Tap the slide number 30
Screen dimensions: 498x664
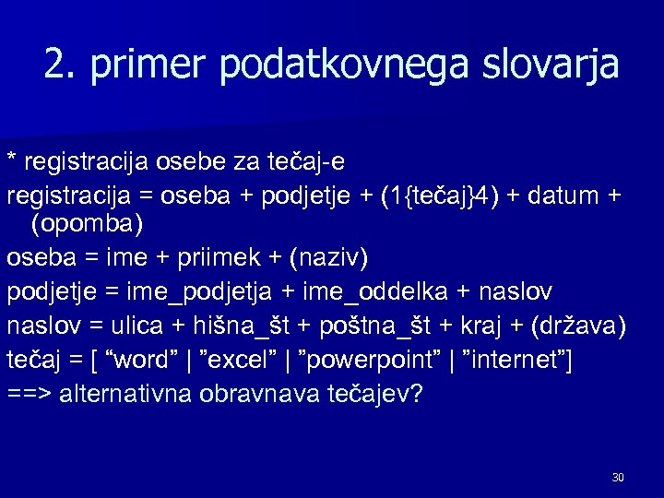click(x=617, y=477)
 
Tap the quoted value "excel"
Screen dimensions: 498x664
click(x=218, y=360)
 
